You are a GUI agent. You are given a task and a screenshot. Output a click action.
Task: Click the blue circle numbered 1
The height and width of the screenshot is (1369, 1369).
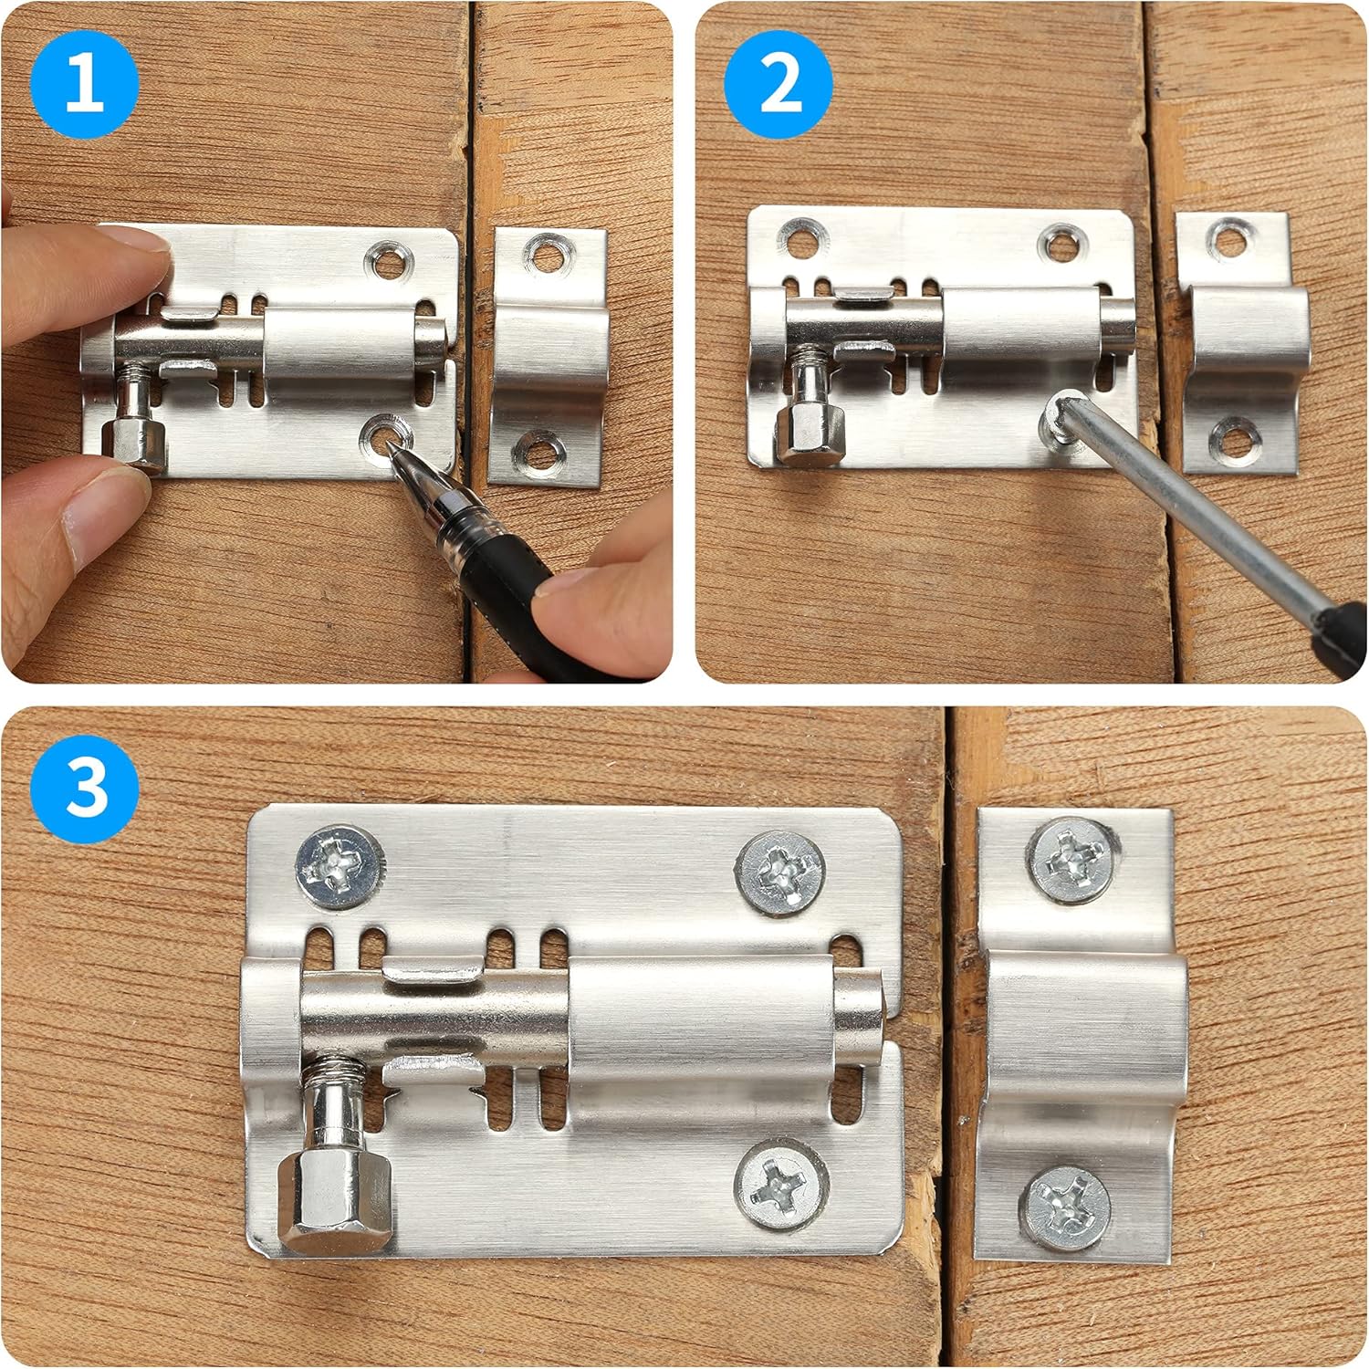coord(84,84)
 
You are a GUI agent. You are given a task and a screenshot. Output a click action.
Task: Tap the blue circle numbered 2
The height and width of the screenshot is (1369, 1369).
coord(779,84)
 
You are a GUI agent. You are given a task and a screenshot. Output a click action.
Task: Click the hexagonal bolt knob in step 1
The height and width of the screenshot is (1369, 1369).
coord(133,440)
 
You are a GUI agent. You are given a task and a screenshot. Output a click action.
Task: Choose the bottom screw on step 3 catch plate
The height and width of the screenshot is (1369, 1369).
coord(1066,1207)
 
